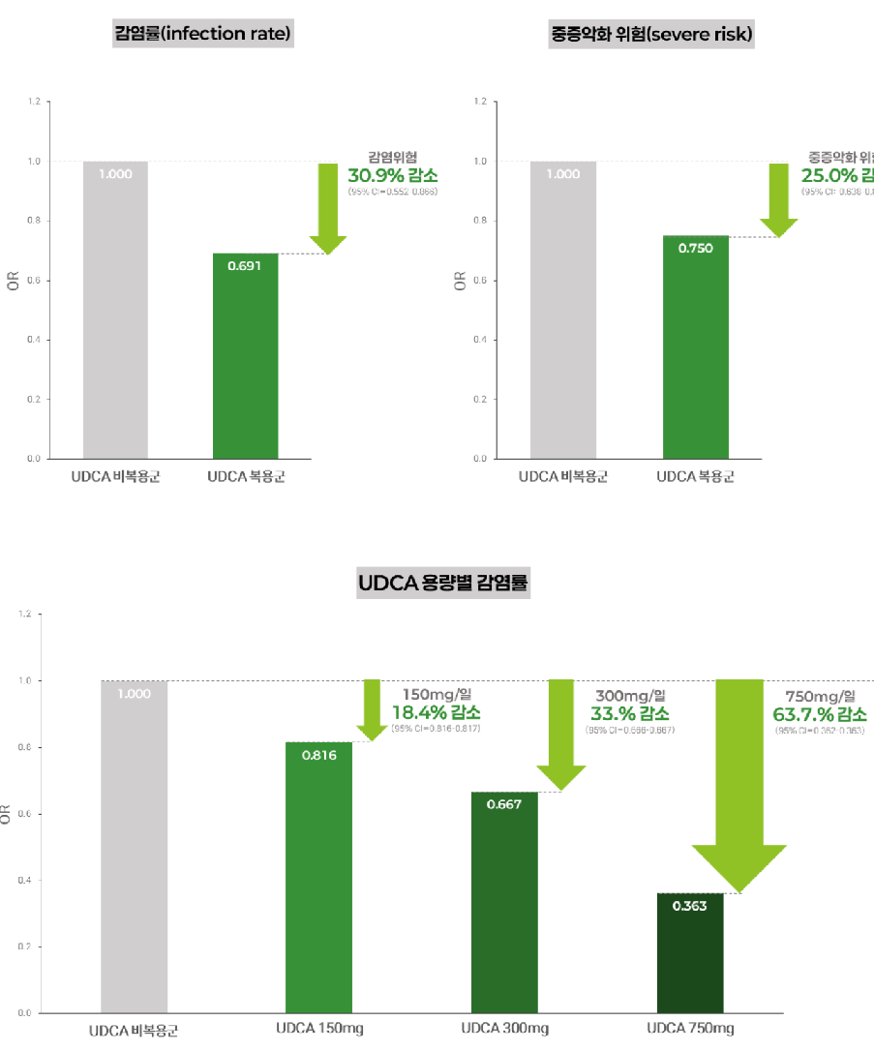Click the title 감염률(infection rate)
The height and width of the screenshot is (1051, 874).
tap(203, 35)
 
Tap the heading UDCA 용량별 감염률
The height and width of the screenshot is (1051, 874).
tap(443, 584)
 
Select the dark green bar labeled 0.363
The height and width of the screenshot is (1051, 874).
tap(690, 953)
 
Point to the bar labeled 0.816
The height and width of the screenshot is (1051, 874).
tap(318, 877)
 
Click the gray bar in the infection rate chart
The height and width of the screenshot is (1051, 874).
tap(115, 310)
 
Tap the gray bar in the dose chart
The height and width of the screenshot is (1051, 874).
tap(134, 847)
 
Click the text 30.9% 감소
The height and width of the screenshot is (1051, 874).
tap(392, 175)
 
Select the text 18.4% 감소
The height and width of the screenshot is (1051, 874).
tap(435, 712)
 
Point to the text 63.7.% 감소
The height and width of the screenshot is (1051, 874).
tap(819, 714)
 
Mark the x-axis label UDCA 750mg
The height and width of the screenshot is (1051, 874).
tap(690, 1028)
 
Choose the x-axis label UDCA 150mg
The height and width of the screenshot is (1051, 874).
tap(319, 1028)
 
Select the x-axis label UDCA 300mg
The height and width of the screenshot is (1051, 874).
tap(504, 1028)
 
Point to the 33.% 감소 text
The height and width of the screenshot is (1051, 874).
tap(629, 713)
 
